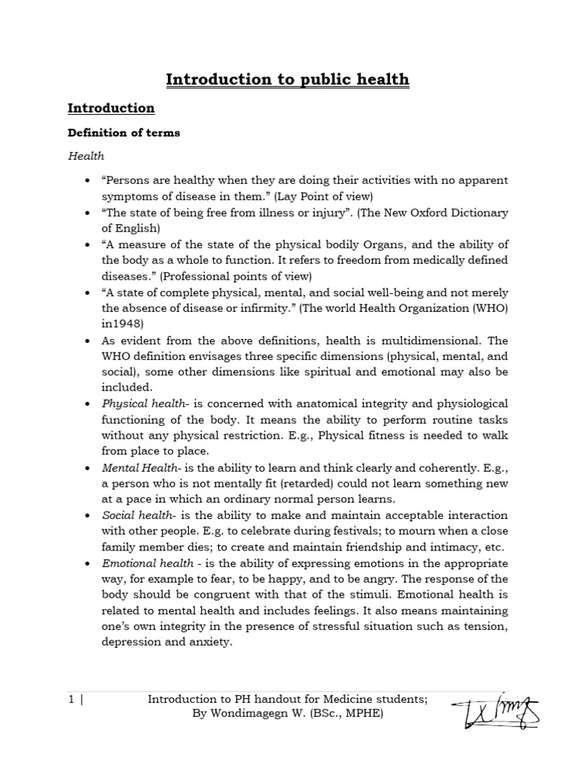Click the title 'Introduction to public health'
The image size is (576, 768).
click(x=287, y=79)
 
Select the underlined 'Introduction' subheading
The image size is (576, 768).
click(x=111, y=108)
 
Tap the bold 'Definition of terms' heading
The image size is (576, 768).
click(x=124, y=133)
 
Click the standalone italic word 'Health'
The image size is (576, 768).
click(x=86, y=156)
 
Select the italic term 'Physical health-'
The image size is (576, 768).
click(x=138, y=404)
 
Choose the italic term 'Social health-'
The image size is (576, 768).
click(x=134, y=515)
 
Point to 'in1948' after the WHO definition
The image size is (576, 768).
click(x=118, y=324)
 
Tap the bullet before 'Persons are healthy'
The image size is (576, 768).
click(x=88, y=181)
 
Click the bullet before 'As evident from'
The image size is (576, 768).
click(x=88, y=340)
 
